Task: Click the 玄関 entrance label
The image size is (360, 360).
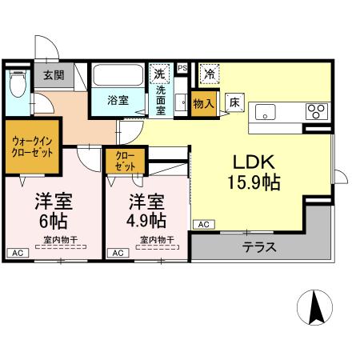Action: [x=54, y=76]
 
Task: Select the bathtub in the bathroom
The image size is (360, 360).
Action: [x=117, y=76]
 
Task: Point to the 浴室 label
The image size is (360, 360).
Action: [x=118, y=100]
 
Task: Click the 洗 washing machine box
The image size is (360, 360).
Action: [x=159, y=74]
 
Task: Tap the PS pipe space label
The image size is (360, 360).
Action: [x=182, y=69]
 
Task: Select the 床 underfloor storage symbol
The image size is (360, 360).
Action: [x=234, y=102]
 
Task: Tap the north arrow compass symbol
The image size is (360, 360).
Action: [x=315, y=307]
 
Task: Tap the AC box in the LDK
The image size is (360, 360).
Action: [x=202, y=225]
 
